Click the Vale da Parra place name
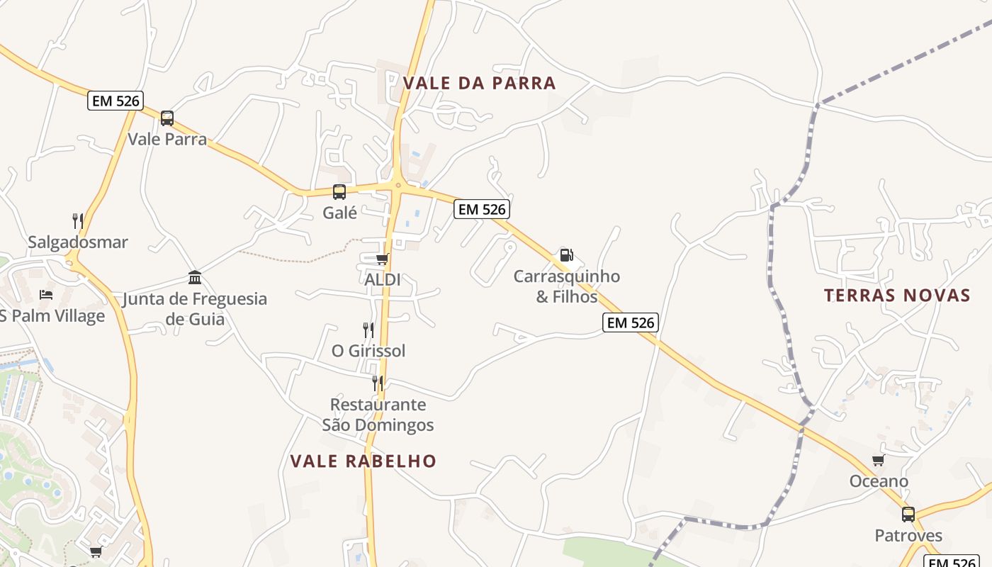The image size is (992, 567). [480, 83]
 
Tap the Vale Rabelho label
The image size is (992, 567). [363, 461]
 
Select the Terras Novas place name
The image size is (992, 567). [896, 296]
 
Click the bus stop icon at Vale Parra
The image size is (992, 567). [167, 118]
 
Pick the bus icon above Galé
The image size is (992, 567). [339, 191]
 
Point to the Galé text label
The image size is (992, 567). [339, 212]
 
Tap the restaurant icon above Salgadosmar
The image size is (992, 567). [78, 221]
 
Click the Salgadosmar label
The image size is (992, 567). [78, 242]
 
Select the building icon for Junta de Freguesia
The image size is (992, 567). [195, 277]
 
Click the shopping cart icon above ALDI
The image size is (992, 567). [383, 259]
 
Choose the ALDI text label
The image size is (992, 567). [383, 279]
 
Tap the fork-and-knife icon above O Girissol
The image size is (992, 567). [368, 330]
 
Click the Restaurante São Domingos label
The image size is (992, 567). [378, 415]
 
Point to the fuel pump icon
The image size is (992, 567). [567, 255]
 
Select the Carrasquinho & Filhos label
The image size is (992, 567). [567, 286]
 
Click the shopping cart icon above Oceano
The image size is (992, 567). [879, 461]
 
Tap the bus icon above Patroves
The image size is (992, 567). [908, 515]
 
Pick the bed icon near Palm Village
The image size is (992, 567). [46, 295]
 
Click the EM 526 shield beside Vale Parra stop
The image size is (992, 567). [115, 101]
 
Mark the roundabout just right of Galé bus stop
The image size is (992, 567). [398, 186]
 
